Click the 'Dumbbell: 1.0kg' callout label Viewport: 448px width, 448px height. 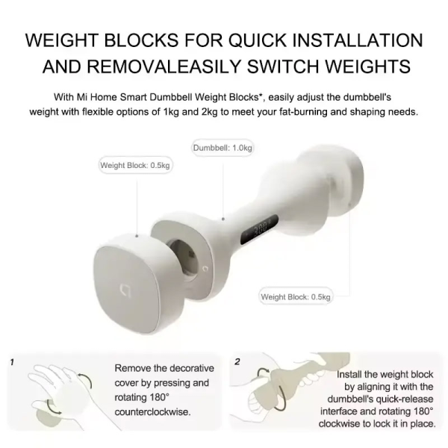coord(222,148)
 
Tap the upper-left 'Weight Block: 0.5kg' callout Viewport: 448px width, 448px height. coord(135,165)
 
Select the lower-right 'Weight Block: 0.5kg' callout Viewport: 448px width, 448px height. coord(295,296)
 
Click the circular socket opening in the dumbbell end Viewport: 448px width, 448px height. coord(182,257)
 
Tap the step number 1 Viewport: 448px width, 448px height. coord(12,362)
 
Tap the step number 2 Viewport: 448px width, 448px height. coord(237,362)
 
